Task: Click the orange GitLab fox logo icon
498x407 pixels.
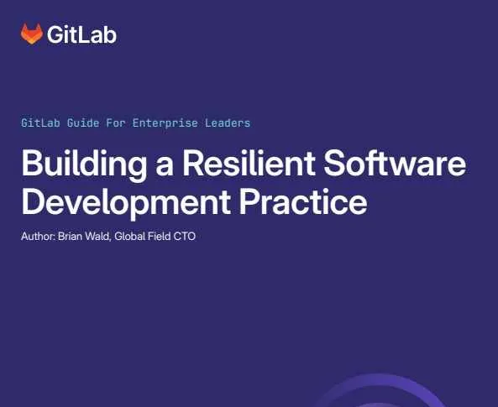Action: click(32, 34)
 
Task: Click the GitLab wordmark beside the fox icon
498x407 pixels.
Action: click(81, 34)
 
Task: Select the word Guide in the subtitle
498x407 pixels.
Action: click(83, 123)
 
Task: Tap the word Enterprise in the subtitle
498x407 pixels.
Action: click(165, 123)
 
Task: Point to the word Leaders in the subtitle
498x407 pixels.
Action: click(228, 123)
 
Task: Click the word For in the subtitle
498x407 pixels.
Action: click(116, 123)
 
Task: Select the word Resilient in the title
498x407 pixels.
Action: click(249, 162)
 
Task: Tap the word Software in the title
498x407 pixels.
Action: click(395, 162)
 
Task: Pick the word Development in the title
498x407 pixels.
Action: click(126, 203)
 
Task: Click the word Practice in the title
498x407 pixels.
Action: click(303, 201)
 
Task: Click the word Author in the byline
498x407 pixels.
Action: click(38, 236)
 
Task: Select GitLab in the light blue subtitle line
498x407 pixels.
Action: click(40, 123)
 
